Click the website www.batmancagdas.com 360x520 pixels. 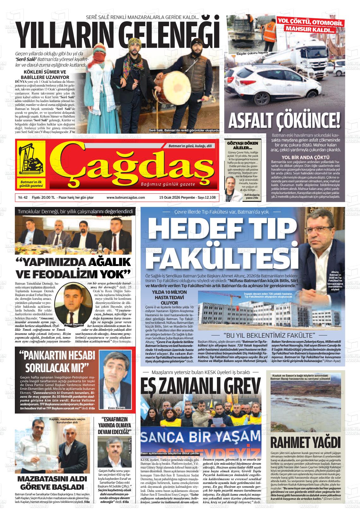coord(126,197)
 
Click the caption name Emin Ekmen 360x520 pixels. coord(117,408)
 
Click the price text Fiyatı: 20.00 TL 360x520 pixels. coord(44,197)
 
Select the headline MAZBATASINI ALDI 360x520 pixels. coord(52,479)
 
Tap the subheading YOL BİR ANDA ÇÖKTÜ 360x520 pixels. coord(305,157)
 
